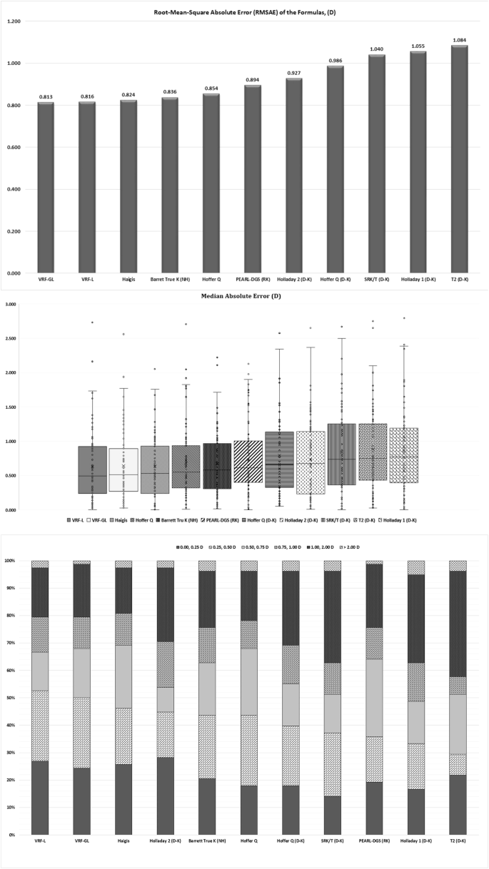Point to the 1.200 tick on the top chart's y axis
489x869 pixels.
(14, 21)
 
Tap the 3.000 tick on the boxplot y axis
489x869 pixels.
(12, 305)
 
